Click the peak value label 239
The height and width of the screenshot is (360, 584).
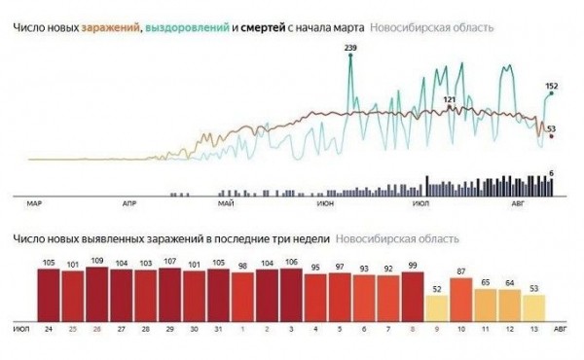click(x=350, y=48)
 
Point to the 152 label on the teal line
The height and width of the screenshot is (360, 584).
click(x=551, y=87)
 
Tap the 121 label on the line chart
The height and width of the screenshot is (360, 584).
click(x=449, y=99)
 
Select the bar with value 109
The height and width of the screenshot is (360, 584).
click(x=97, y=292)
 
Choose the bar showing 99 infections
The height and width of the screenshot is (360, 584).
click(x=414, y=295)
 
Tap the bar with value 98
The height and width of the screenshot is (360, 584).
click(x=243, y=295)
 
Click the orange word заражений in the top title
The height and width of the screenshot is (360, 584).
click(x=109, y=27)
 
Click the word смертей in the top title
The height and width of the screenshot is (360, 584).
click(x=269, y=27)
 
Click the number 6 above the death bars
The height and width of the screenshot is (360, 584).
click(x=552, y=172)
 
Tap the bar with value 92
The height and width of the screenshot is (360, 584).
click(x=389, y=297)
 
